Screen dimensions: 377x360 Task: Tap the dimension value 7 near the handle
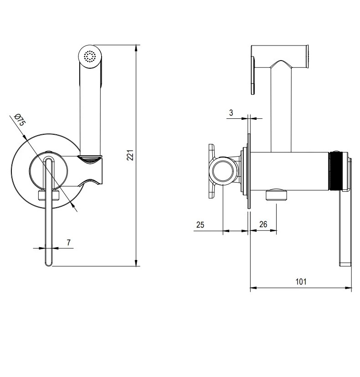[x=68, y=242]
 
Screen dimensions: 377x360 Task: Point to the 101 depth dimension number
[x=301, y=281]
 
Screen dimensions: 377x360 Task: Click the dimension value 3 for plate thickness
[x=231, y=112]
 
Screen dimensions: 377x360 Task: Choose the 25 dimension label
[x=201, y=224]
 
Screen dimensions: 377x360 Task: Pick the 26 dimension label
[x=263, y=224]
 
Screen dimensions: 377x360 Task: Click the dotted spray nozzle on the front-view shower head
[x=89, y=56]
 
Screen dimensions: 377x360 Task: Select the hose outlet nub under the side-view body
[x=277, y=195]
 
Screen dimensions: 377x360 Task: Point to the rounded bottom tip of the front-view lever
[x=48, y=263]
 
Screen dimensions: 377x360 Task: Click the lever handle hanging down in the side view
[x=345, y=228]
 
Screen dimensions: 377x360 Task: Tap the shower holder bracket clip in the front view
[x=93, y=170]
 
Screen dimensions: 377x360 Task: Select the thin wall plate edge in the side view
[x=249, y=173]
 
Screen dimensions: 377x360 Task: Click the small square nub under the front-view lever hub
[x=49, y=196]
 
